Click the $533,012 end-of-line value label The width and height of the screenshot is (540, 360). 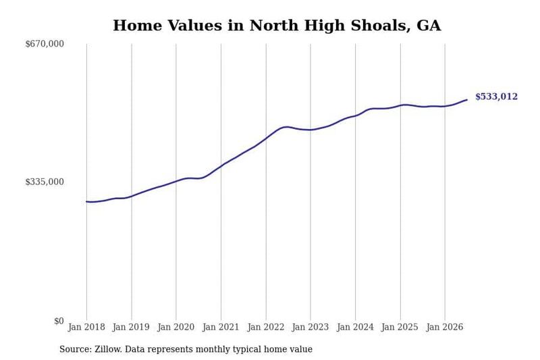tap(496, 97)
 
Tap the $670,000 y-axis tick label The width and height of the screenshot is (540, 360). tap(45, 44)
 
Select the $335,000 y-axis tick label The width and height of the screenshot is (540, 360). tap(45, 182)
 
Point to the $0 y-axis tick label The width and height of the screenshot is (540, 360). tap(59, 321)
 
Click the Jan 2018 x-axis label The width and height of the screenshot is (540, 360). tap(86, 327)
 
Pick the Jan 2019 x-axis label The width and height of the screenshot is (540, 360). tap(131, 327)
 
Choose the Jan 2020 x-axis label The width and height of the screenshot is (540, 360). tap(176, 327)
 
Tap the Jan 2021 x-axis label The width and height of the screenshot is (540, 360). tap(221, 327)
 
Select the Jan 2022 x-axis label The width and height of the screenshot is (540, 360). tap(266, 327)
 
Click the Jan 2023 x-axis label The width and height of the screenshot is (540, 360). tap(310, 327)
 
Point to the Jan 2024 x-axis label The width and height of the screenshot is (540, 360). tap(355, 327)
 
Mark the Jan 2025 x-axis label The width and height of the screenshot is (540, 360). tap(400, 327)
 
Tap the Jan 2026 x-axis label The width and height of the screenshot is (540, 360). tap(445, 327)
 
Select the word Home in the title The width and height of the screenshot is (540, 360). tap(138, 26)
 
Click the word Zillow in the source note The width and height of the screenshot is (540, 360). tap(108, 349)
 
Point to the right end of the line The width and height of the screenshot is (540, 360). tap(467, 100)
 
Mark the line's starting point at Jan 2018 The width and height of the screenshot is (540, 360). tap(86, 201)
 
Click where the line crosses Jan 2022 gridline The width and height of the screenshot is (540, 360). tap(266, 138)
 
